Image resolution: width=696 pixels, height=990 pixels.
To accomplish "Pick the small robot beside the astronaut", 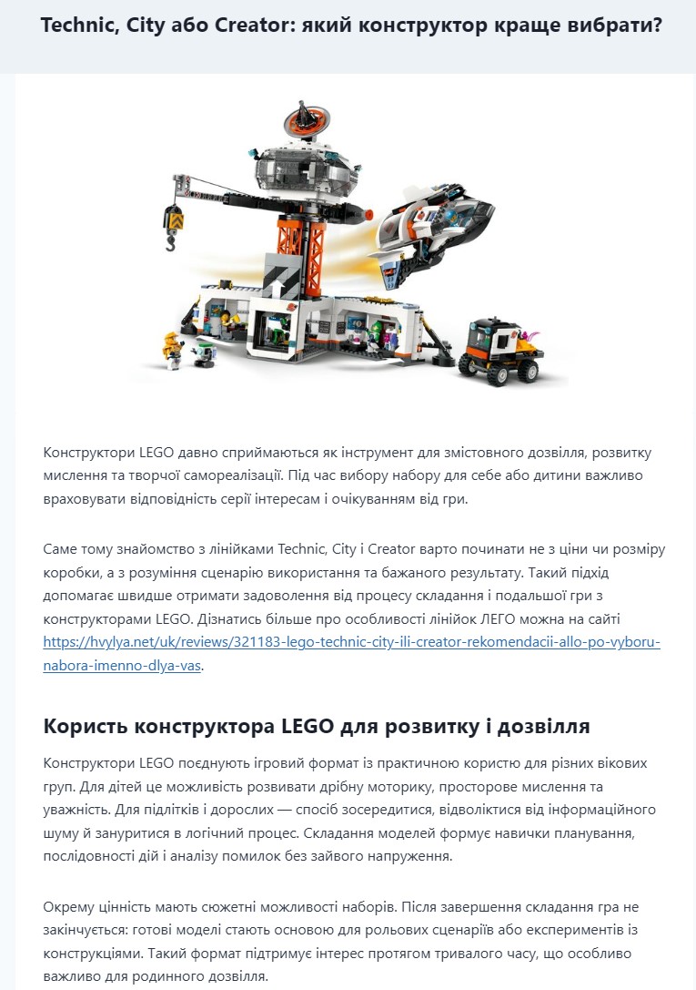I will [201, 352].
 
